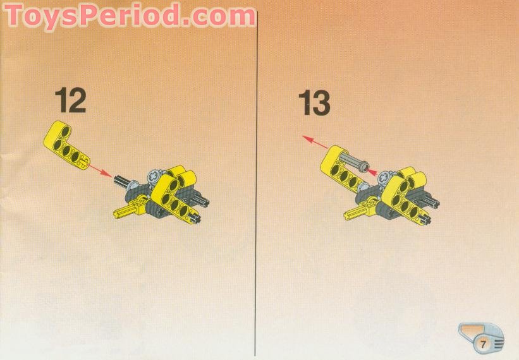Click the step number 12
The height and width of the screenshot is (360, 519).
(70, 101)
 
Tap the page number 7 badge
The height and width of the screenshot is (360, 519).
(482, 344)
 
